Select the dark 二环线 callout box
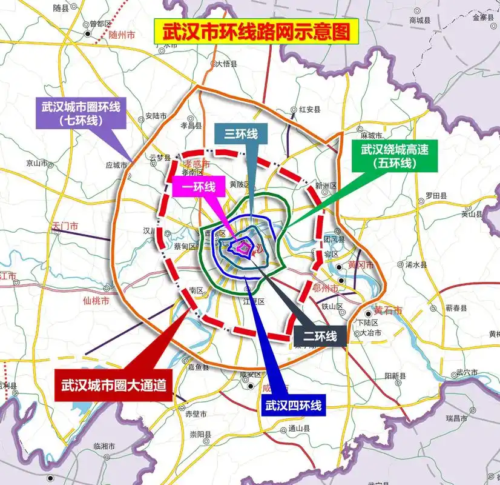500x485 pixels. (320, 335)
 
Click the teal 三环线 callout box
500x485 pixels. (241, 135)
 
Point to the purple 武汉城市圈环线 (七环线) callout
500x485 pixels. (81, 113)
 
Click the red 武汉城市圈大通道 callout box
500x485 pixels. (113, 384)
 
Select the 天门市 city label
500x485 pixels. (65, 226)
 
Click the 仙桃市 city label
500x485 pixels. (96, 301)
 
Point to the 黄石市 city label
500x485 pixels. (388, 310)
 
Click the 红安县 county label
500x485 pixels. (309, 109)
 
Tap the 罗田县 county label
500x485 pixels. (435, 196)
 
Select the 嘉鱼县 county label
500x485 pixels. (198, 367)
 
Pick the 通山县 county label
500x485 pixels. (298, 428)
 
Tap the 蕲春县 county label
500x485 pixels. (456, 308)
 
